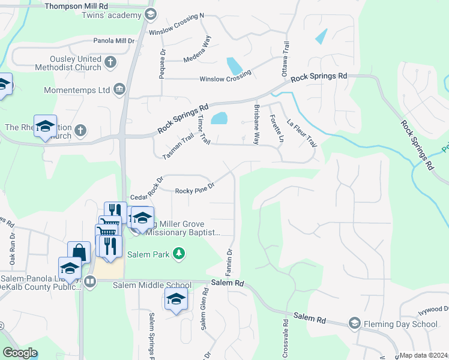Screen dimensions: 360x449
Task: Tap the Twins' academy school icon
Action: (x=151, y=14)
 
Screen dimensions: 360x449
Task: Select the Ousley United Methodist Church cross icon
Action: (x=110, y=62)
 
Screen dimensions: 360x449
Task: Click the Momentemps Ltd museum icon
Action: (x=119, y=89)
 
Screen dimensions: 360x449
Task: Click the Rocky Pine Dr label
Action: (x=194, y=191)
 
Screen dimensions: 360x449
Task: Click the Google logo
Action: (x=20, y=353)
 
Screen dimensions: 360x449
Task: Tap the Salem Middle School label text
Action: (x=152, y=285)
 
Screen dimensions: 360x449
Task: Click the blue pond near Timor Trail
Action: (x=220, y=118)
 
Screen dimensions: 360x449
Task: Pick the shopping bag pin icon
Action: (x=79, y=253)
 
